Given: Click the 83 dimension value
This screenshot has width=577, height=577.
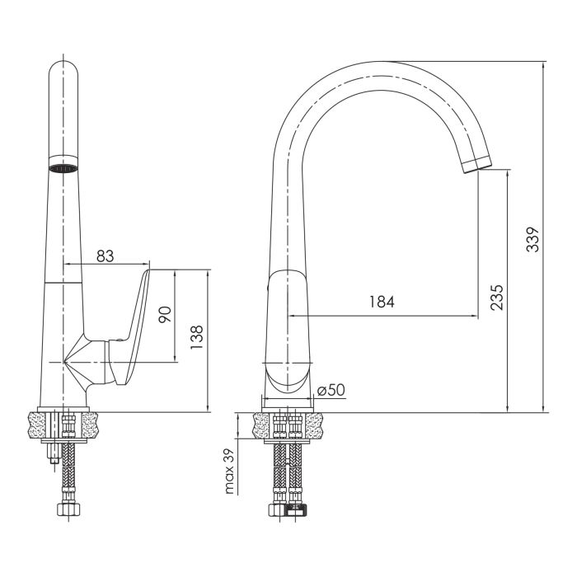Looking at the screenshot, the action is coord(106,256).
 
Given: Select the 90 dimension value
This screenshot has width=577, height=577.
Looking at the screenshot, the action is coord(165,314).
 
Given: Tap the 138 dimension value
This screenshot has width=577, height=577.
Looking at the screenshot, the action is coord(197,337).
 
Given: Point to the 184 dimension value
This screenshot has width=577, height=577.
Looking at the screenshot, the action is coord(382,302).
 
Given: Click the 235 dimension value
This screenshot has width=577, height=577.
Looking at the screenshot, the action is coord(496,298).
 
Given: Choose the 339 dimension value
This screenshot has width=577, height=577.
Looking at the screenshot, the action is coord(532,240).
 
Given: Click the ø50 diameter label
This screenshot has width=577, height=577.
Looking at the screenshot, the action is coord(331,390).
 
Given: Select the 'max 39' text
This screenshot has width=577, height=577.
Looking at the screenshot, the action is coord(229,471).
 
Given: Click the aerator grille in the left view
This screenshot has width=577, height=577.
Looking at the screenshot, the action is coord(63,168).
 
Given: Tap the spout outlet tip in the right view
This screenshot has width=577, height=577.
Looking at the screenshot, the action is coord(477,164).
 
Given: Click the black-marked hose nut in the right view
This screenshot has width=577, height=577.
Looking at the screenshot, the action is coord(297,510).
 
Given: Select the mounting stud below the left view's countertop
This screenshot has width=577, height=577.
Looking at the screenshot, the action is coord(54,455).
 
